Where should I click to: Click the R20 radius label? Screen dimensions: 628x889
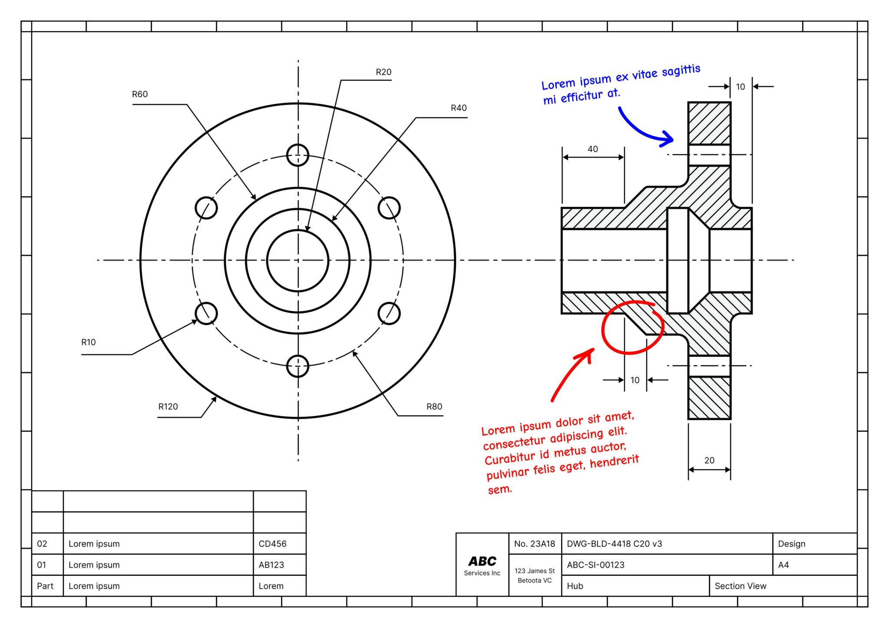point(383,72)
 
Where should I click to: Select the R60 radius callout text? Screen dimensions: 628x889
point(140,94)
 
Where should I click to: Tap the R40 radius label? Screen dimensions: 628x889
point(458,108)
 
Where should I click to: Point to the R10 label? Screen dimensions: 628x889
point(89,342)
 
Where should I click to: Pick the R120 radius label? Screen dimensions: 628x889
point(168,407)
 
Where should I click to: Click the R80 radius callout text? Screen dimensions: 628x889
point(434,407)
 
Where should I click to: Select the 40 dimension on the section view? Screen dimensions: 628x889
point(593,149)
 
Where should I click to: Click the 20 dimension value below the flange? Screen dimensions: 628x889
point(709,460)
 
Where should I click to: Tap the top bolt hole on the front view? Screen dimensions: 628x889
point(298,155)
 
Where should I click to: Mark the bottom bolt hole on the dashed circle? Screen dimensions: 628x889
point(298,366)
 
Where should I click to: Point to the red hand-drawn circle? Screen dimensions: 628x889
point(632,328)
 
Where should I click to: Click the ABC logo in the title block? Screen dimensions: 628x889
point(482,562)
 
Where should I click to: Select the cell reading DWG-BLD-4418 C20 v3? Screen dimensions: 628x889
point(614,544)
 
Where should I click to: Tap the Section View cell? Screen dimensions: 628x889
point(740,586)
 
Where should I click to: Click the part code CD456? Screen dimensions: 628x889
point(273,544)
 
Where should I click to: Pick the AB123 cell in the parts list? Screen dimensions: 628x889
point(271,565)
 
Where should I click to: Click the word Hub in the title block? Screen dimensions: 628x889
point(575,586)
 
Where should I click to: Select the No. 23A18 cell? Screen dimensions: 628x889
point(534,544)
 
